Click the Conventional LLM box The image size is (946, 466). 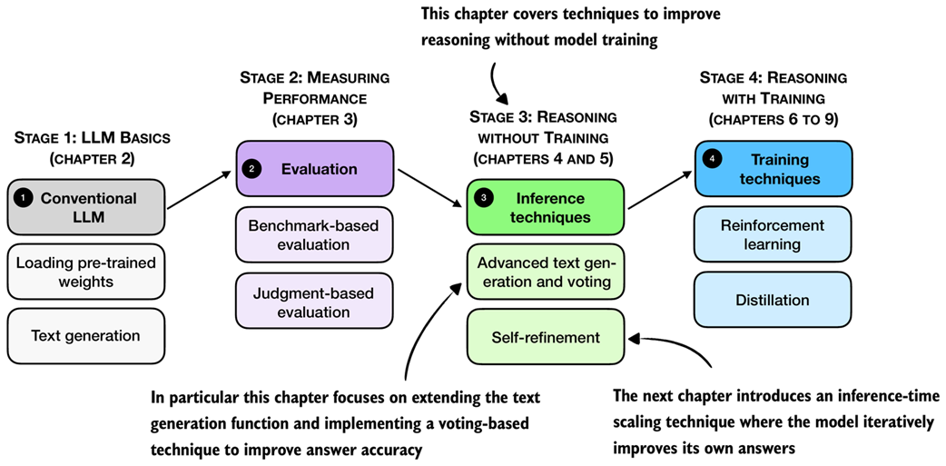click(x=87, y=207)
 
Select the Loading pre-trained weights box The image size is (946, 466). click(x=87, y=272)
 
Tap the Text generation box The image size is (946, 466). click(x=87, y=335)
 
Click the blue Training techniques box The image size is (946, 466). click(x=773, y=168)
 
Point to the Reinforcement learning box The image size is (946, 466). click(x=773, y=234)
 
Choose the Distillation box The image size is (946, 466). click(x=773, y=300)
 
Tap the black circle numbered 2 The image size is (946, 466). click(x=253, y=169)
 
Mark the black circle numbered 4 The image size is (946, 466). click(x=713, y=159)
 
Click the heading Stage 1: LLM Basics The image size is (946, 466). click(x=92, y=138)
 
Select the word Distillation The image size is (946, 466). click(x=773, y=300)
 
